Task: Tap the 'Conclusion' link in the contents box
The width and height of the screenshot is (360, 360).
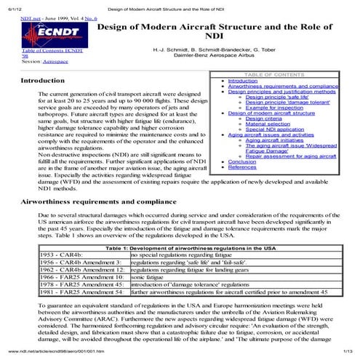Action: [246, 161]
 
